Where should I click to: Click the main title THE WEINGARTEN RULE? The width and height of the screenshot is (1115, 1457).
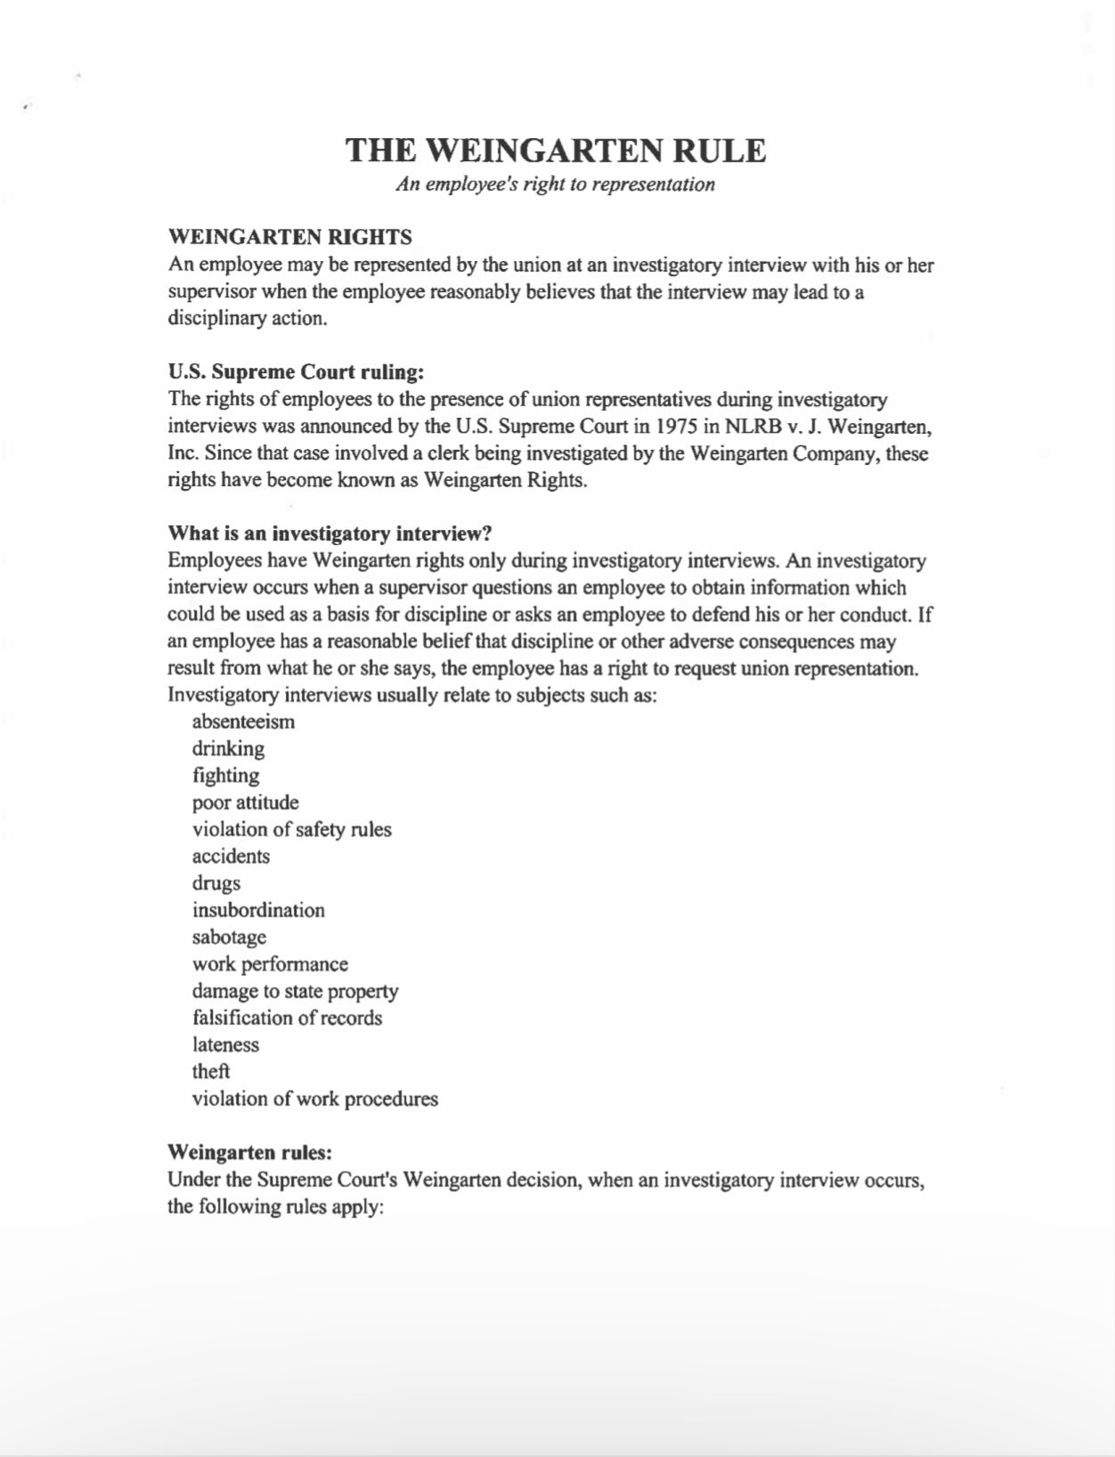pyautogui.click(x=556, y=150)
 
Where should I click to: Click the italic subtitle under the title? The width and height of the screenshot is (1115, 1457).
pyautogui.click(x=556, y=184)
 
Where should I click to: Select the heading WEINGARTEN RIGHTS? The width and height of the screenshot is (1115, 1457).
pyautogui.click(x=289, y=237)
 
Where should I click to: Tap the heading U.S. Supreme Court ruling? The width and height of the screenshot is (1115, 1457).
pyautogui.click(x=296, y=371)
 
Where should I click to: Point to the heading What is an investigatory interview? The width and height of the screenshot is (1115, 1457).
pyautogui.click(x=330, y=533)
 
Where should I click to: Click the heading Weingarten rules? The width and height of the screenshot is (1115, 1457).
pyautogui.click(x=249, y=1152)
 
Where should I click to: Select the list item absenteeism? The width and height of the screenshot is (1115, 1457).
pyautogui.click(x=243, y=721)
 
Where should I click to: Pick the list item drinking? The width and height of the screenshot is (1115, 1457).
pyautogui.click(x=228, y=748)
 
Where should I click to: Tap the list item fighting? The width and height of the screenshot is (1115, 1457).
pyautogui.click(x=225, y=776)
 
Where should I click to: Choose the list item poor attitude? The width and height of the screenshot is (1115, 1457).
pyautogui.click(x=245, y=802)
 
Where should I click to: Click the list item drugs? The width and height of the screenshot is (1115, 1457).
pyautogui.click(x=216, y=883)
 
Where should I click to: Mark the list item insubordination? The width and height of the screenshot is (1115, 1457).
pyautogui.click(x=258, y=910)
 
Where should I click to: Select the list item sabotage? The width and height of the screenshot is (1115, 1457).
pyautogui.click(x=229, y=937)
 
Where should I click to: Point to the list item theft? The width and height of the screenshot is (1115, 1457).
pyautogui.click(x=211, y=1071)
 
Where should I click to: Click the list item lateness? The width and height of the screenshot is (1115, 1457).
pyautogui.click(x=225, y=1045)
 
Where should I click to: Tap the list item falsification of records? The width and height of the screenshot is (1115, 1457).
pyautogui.click(x=287, y=1018)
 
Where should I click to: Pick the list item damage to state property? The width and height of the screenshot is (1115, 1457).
pyautogui.click(x=295, y=991)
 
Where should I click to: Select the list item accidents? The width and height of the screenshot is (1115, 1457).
pyautogui.click(x=231, y=857)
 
